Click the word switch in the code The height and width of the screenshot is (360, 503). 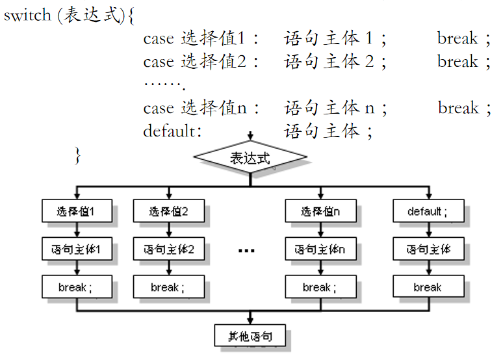(27, 16)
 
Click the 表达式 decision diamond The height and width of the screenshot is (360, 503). (250, 158)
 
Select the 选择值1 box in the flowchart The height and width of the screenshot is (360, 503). (77, 211)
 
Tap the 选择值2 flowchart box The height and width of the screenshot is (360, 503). (168, 211)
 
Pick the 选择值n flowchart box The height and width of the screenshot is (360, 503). (320, 211)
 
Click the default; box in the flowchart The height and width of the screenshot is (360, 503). (428, 211)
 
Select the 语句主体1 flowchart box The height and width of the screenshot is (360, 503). (77, 249)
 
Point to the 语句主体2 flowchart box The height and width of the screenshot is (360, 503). (168, 249)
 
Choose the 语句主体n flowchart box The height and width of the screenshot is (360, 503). (320, 249)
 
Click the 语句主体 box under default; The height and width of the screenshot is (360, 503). (428, 249)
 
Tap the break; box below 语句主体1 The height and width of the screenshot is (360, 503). (77, 287)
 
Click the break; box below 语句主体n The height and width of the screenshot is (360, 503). (320, 287)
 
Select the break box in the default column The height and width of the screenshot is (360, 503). (428, 287)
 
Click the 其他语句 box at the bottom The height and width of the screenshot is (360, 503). (250, 336)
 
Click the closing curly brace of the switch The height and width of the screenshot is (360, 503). (77, 155)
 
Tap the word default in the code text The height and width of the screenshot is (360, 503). (168, 131)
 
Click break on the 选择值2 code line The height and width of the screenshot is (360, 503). (458, 62)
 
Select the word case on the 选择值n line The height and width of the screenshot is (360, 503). (159, 108)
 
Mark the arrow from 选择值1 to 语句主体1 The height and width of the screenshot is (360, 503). (77, 230)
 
